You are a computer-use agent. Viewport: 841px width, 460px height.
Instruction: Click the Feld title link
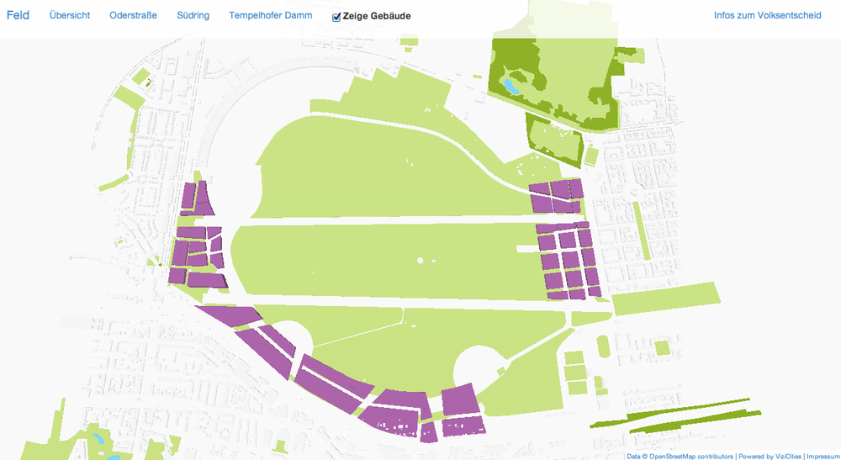18,16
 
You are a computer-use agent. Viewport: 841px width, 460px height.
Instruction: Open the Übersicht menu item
70,16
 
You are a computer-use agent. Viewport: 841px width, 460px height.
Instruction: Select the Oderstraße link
134,16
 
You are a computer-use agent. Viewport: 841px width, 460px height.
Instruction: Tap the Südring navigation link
193,16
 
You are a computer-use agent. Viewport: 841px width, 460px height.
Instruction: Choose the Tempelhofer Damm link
270,16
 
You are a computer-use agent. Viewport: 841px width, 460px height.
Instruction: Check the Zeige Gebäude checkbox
336,17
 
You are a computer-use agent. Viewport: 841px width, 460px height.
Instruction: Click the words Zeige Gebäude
377,16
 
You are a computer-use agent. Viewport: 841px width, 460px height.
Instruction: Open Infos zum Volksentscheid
767,16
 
